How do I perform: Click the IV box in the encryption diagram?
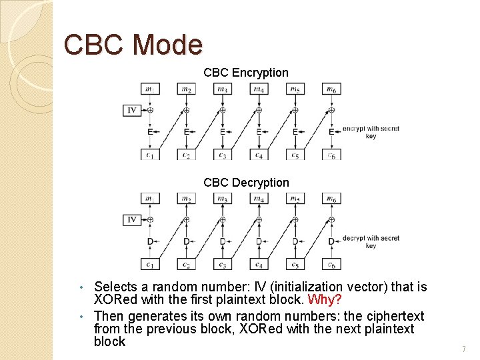coord(132,110)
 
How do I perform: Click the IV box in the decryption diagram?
coord(132,219)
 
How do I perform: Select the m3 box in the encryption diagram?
coord(223,89)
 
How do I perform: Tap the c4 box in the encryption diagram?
coord(259,154)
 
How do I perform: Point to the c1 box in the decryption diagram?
coord(150,264)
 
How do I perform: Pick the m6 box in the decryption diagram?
coord(331,199)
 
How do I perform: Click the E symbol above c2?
coord(186,132)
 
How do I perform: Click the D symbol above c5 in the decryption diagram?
coord(295,241)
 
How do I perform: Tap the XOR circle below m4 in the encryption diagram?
coord(259,110)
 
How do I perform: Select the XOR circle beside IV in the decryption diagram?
coord(150,219)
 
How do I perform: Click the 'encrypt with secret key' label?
coord(371,132)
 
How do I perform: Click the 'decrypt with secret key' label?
coord(371,241)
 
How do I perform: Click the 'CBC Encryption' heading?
coord(246,73)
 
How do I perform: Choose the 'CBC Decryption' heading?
coord(246,183)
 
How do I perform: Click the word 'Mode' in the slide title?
coord(167,45)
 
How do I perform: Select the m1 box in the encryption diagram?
coord(150,89)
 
